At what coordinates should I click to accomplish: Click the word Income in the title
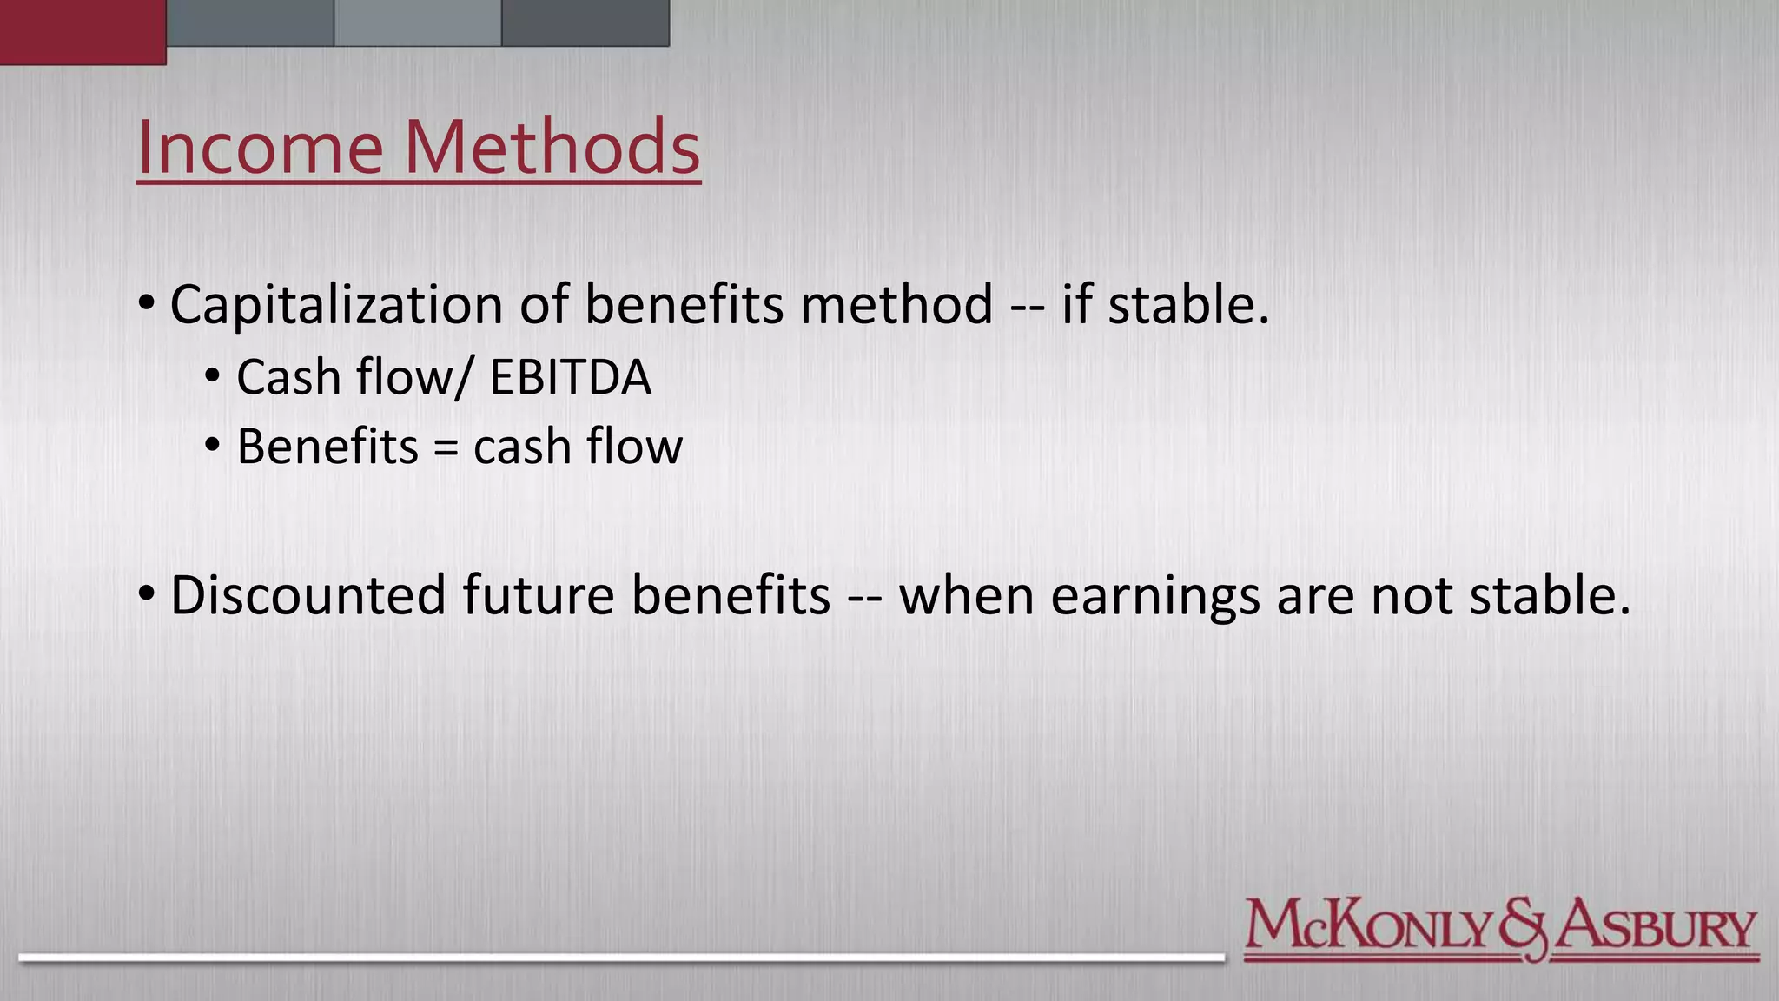tap(259, 147)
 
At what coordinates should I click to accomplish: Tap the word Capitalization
tap(336, 305)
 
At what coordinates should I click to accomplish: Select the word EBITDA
tap(570, 377)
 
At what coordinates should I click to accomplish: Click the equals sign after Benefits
tap(445, 448)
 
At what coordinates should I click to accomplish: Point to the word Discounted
tap(308, 595)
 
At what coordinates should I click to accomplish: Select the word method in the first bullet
tap(896, 305)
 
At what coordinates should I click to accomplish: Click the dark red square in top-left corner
tap(83, 31)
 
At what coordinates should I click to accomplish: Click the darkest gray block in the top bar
tap(585, 23)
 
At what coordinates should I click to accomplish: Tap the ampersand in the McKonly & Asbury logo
tap(1522, 929)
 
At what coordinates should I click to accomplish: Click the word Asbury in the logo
tap(1655, 927)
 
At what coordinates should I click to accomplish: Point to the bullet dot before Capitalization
tap(146, 304)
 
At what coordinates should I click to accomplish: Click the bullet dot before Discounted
tap(146, 594)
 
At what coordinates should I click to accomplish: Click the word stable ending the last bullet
tap(1549, 595)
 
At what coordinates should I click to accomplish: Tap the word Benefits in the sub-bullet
tap(327, 447)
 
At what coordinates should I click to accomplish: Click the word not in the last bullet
tap(1411, 596)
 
